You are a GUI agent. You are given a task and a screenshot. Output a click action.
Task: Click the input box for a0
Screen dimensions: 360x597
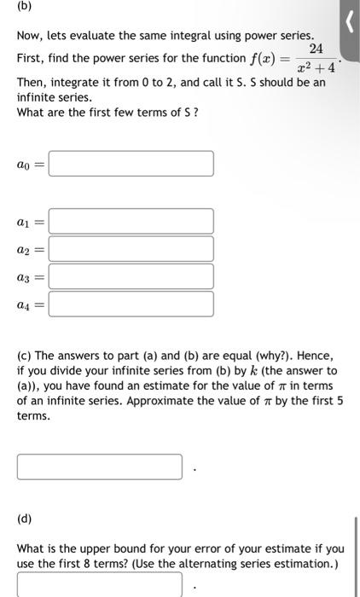(x=131, y=164)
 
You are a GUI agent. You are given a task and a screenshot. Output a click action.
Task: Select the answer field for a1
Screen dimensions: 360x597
(x=131, y=221)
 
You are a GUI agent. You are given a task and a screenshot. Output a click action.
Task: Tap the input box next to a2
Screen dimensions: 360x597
(x=131, y=248)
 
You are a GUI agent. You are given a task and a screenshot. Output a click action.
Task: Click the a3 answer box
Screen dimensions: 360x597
(x=131, y=276)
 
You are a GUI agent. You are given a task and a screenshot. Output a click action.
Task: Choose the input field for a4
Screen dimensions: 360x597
(x=131, y=304)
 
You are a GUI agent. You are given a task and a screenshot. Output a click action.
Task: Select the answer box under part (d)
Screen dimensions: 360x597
(x=99, y=584)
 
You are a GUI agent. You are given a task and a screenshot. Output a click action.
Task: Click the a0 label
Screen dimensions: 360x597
(x=29, y=165)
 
